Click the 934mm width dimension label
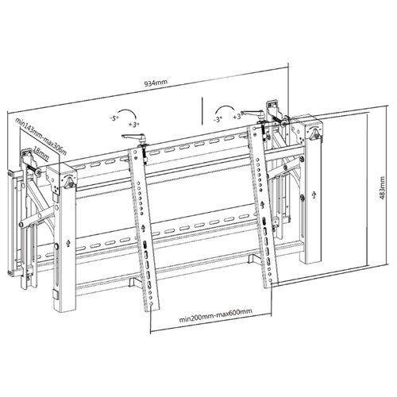[156, 83]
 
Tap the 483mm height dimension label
[382, 188]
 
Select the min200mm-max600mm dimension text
[216, 316]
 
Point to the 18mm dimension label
[41, 155]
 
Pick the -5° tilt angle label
[114, 118]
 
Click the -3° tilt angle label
[217, 119]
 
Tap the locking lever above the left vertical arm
[134, 137]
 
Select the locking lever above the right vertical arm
[253, 114]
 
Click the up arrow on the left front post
[68, 243]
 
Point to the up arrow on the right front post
[314, 195]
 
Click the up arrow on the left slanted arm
[143, 228]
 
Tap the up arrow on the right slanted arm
[262, 205]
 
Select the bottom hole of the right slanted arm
[270, 279]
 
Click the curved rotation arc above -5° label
[128, 110]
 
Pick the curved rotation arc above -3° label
[225, 108]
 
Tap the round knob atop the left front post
[70, 181]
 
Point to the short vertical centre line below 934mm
[202, 111]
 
